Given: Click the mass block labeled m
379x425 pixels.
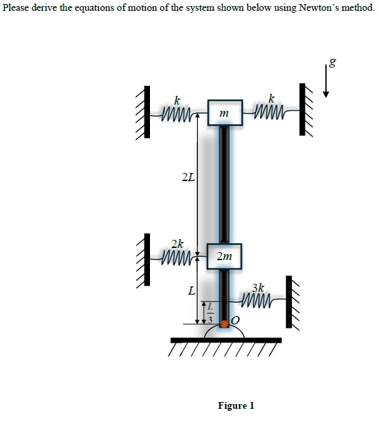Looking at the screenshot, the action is click(x=225, y=112).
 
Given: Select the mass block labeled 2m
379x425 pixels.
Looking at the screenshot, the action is click(x=224, y=256).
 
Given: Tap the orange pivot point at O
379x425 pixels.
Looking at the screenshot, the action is click(x=224, y=324).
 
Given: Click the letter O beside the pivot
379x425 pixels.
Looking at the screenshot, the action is click(x=236, y=321).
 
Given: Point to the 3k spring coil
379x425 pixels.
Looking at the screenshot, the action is click(x=257, y=300).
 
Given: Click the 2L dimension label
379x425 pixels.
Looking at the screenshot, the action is click(x=188, y=178).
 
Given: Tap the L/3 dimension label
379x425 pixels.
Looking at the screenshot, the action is click(x=211, y=313).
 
